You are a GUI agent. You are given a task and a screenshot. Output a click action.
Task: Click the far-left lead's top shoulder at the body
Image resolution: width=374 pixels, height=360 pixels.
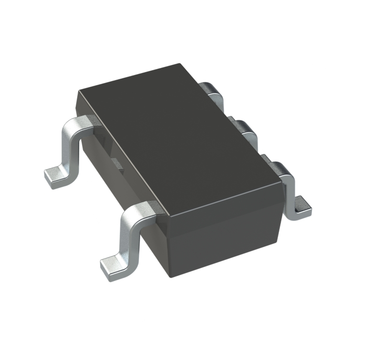86,122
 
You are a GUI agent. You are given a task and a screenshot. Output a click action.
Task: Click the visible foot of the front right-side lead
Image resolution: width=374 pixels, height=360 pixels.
302,205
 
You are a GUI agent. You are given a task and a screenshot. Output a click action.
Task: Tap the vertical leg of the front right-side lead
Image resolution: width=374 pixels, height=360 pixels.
290,196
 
